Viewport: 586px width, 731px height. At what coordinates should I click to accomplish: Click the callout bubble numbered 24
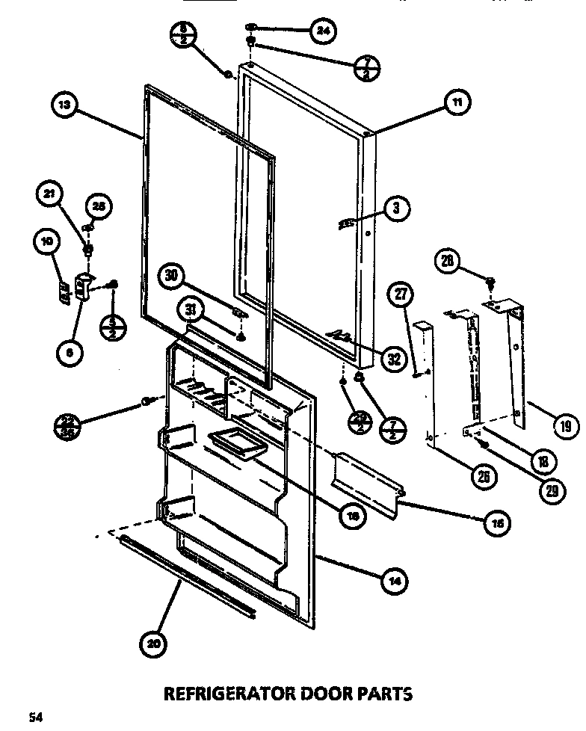pos(322,31)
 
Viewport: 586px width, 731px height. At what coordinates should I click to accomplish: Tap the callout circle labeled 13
pos(65,105)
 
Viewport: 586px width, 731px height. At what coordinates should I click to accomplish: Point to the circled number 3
pos(396,210)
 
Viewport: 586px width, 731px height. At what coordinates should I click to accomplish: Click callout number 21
pos(49,196)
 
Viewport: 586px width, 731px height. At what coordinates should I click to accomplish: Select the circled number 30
pos(171,276)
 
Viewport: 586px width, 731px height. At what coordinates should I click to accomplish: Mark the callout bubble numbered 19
pos(564,426)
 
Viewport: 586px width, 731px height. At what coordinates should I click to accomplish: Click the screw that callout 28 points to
pos(491,283)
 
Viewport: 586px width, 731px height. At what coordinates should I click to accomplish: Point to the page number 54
pos(34,719)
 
